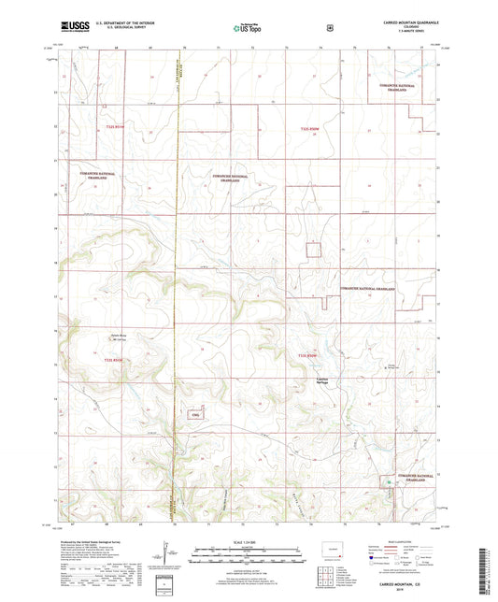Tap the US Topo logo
(x=248, y=28)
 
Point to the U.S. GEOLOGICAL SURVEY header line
(x=120, y=31)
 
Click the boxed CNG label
(x=195, y=414)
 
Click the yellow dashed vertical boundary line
(x=178, y=280)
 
